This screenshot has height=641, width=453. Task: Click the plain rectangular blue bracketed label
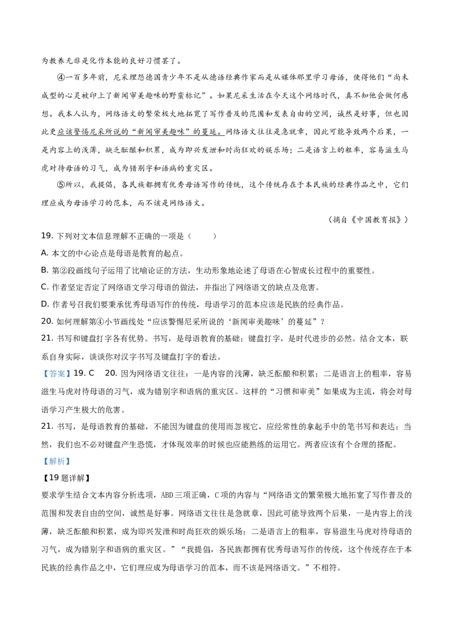[x=57, y=374]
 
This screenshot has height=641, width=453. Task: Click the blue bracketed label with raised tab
[x=57, y=461]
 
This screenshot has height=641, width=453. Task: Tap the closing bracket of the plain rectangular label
[x=69, y=374]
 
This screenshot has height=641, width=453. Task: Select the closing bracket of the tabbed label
[x=69, y=462]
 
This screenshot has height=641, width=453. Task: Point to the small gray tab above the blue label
[x=58, y=455]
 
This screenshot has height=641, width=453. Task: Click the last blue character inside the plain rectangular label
[x=65, y=374]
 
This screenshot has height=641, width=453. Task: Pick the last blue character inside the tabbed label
[x=65, y=462]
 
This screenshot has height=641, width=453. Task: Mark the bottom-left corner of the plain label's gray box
[x=41, y=379]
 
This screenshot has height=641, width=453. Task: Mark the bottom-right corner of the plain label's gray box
[x=72, y=379]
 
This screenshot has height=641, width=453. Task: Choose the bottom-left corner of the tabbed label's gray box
[x=41, y=467]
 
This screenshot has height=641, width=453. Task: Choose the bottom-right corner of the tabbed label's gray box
[x=72, y=467]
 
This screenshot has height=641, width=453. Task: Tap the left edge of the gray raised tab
[x=50, y=455]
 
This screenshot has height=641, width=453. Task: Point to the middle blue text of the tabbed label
[x=57, y=462]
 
